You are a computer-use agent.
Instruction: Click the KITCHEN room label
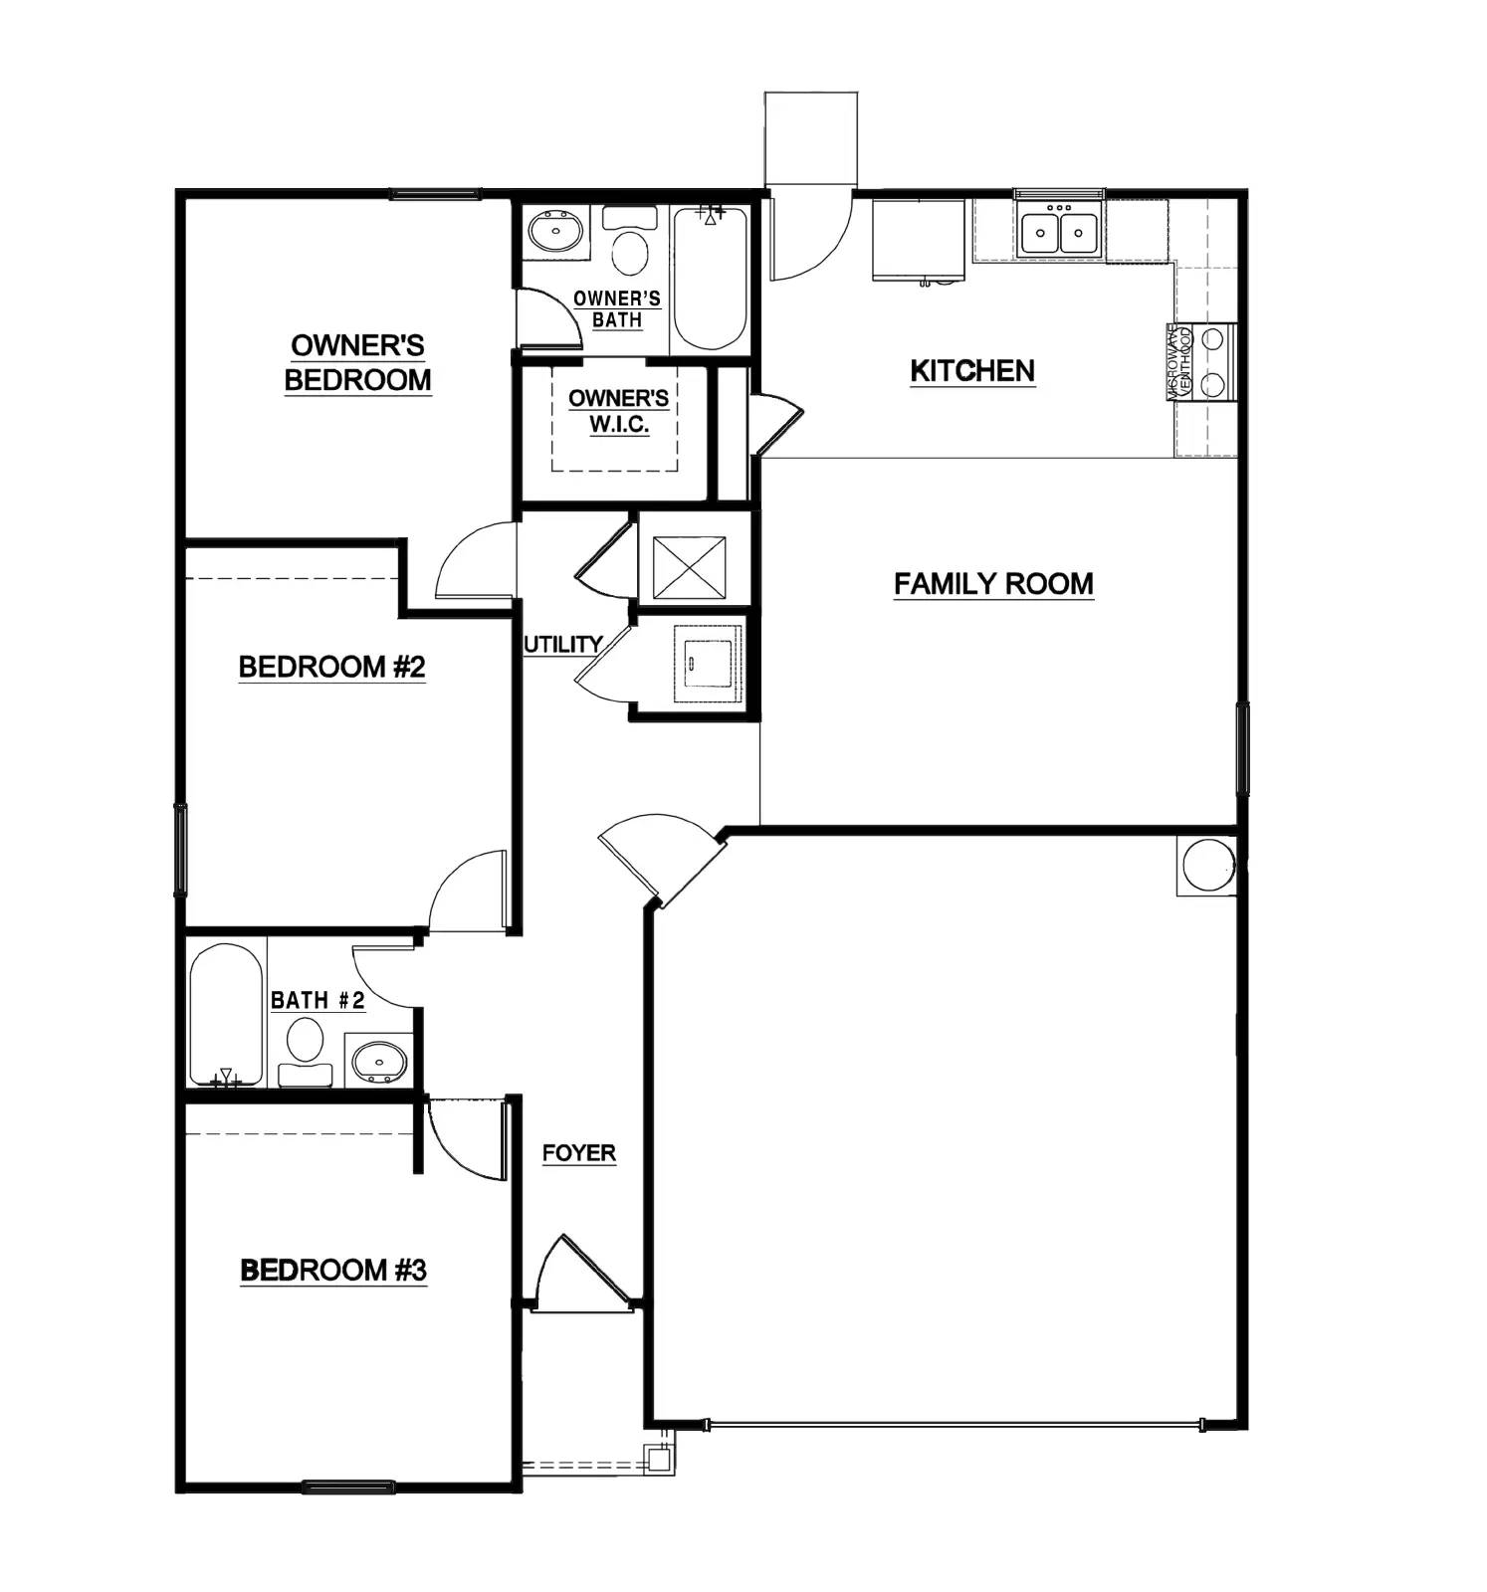coord(971,371)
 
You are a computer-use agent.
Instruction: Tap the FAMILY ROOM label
coord(992,584)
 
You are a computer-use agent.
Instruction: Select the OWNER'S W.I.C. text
coord(617,411)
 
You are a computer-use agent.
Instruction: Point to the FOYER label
coord(578,1153)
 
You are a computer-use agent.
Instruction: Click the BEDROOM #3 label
coord(333,1271)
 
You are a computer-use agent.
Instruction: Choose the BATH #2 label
coord(318,1000)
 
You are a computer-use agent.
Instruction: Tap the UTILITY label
coord(562,645)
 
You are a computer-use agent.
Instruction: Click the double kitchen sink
coord(1059,233)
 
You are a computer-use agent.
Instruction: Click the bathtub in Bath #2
coord(227,1015)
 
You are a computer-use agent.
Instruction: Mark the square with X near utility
coord(690,567)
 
